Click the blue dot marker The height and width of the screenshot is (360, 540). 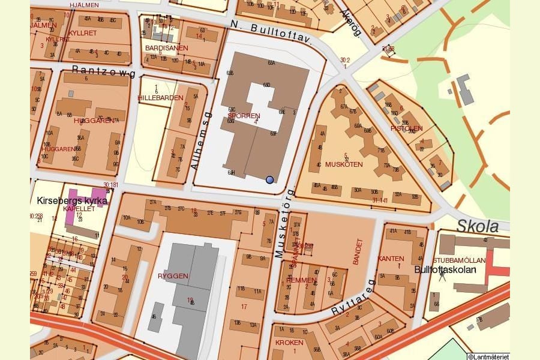[269, 179]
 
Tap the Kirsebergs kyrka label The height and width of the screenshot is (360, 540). [72, 200]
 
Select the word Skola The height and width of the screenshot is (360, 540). [478, 226]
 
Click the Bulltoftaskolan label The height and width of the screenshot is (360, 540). [445, 269]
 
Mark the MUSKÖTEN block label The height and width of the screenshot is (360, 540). [344, 163]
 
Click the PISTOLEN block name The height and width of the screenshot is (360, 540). [406, 128]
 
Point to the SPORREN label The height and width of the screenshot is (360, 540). [244, 115]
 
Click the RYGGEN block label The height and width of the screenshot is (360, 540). [173, 276]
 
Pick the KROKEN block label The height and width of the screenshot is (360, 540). [289, 342]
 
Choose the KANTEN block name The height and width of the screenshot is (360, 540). [391, 259]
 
